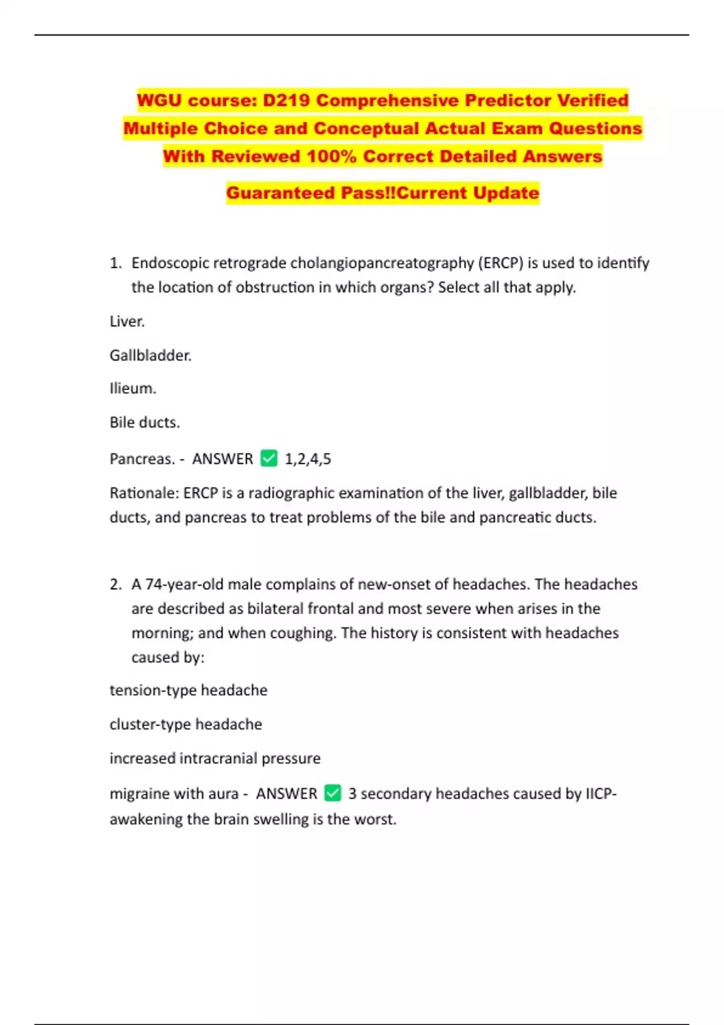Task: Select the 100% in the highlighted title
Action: tap(331, 157)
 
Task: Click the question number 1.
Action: tap(115, 263)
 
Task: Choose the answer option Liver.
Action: tap(127, 321)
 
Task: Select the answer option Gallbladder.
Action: tap(150, 356)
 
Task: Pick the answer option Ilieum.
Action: tap(133, 389)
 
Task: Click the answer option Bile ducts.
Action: tap(144, 423)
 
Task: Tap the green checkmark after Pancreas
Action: tap(268, 459)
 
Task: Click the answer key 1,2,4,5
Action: tap(308, 459)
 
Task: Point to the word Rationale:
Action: tap(144, 493)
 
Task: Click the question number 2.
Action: tap(115, 584)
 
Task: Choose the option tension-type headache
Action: tap(188, 690)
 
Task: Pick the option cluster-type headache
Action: tap(185, 724)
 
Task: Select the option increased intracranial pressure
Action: tap(215, 758)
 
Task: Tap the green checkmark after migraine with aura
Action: tap(332, 793)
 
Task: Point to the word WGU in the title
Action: tap(160, 100)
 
